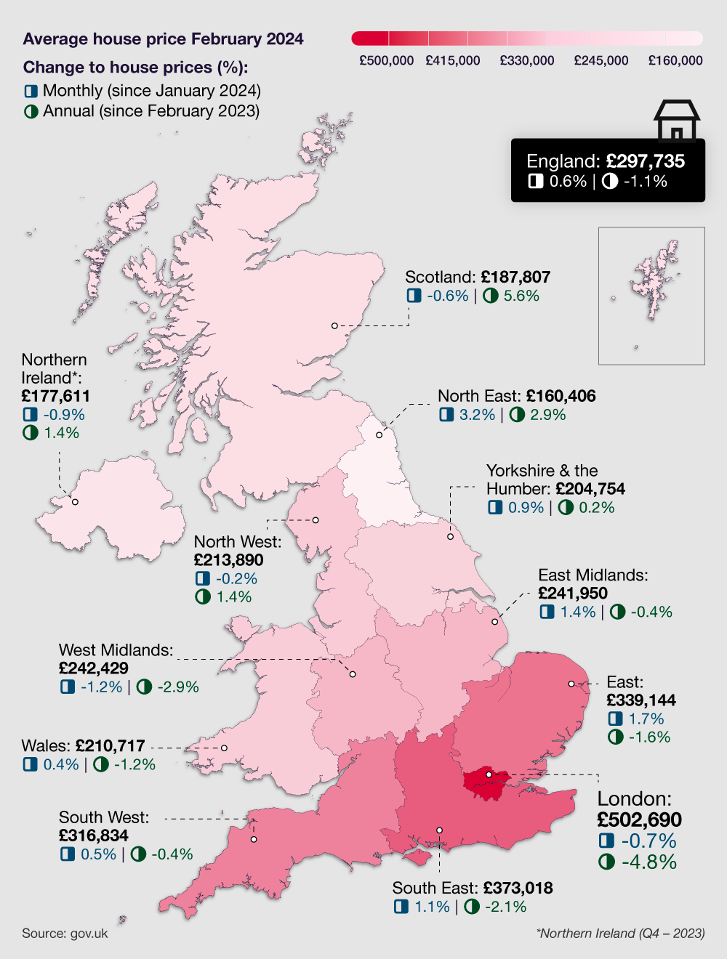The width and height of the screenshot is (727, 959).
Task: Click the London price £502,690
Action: (x=639, y=820)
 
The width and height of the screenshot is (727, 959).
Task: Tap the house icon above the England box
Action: (x=676, y=121)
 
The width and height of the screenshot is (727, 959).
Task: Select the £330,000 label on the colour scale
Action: (x=527, y=60)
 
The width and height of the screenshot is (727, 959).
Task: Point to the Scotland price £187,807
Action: (x=515, y=277)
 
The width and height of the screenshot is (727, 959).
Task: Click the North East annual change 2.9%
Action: (x=547, y=415)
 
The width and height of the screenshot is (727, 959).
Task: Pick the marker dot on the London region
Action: (x=489, y=774)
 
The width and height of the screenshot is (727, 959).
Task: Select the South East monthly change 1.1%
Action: (x=432, y=907)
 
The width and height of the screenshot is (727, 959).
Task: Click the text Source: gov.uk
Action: (x=65, y=934)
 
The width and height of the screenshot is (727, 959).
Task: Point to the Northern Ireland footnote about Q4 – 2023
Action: (x=620, y=934)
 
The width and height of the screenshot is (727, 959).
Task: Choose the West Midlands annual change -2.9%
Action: (x=177, y=687)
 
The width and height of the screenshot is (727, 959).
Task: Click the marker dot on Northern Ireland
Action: (x=75, y=502)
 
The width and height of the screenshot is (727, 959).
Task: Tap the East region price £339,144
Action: (x=640, y=700)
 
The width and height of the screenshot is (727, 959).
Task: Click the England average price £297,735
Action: (x=645, y=161)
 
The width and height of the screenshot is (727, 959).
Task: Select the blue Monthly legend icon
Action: (x=31, y=92)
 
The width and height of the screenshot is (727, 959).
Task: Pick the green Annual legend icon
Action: (x=31, y=112)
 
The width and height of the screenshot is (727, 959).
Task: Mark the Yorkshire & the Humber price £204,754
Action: (x=590, y=489)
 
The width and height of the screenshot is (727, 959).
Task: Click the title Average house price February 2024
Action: (x=163, y=39)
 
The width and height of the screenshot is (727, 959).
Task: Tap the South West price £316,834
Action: (x=93, y=835)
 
